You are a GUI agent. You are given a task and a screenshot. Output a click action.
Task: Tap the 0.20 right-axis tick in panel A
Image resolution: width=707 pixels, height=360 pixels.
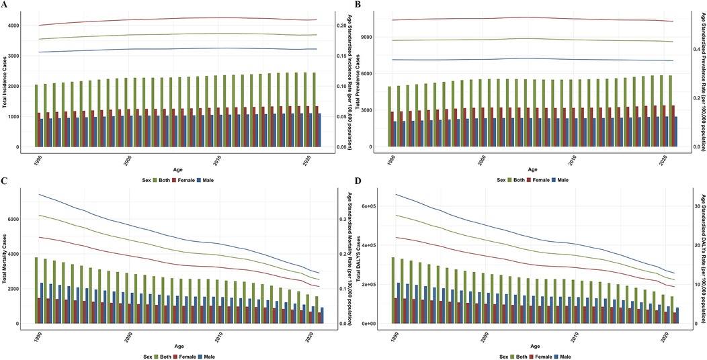(341, 26)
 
